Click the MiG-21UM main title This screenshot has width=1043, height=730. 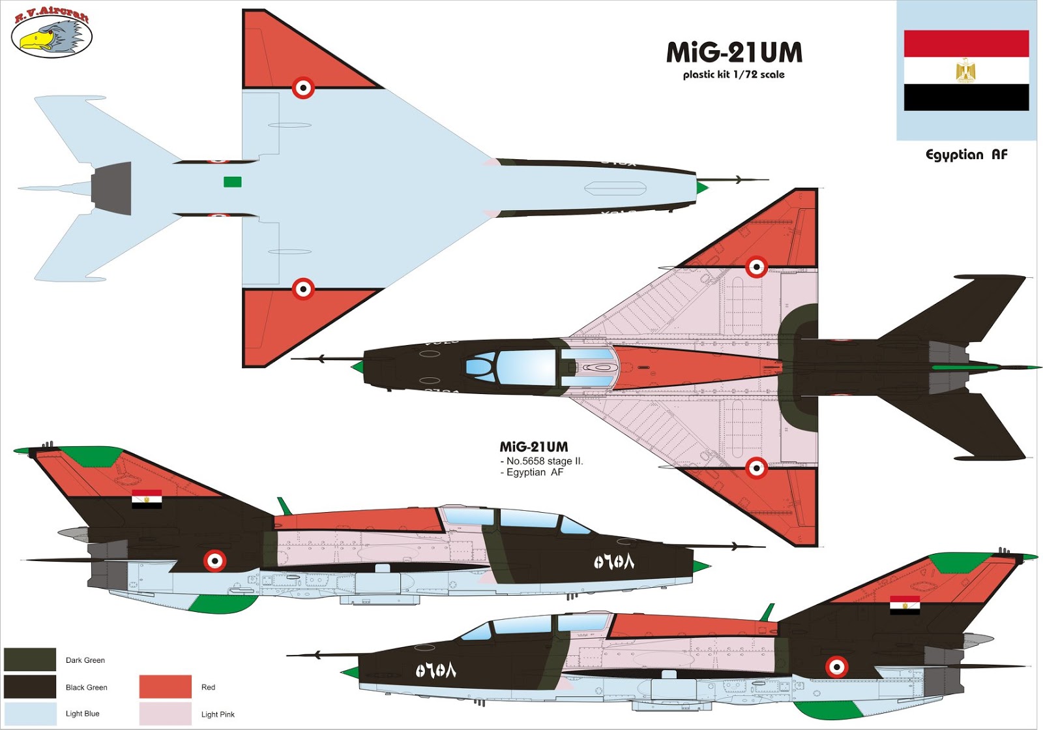pyautogui.click(x=734, y=53)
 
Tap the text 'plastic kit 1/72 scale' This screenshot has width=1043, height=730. pyautogui.click(x=733, y=74)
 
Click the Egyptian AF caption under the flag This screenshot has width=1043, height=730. pyautogui.click(x=966, y=155)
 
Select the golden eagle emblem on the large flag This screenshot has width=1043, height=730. pyautogui.click(x=965, y=70)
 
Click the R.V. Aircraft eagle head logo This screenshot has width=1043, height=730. pyautogui.click(x=51, y=37)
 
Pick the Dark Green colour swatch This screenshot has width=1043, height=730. pyautogui.click(x=30, y=660)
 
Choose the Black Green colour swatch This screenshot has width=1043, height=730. pyautogui.click(x=30, y=686)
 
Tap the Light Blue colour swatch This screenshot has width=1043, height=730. pyautogui.click(x=30, y=713)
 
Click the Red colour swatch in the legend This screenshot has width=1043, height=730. pyautogui.click(x=165, y=686)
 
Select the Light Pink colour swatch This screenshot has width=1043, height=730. pyautogui.click(x=165, y=714)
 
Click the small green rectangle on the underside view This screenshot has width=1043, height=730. pyautogui.click(x=233, y=181)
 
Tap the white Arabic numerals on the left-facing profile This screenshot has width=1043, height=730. pyautogui.click(x=435, y=670)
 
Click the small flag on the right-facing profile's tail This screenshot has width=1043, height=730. pyautogui.click(x=147, y=499)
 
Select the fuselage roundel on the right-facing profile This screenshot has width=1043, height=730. pyautogui.click(x=214, y=560)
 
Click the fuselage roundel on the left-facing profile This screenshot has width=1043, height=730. pyautogui.click(x=836, y=667)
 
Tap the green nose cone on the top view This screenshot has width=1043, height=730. pyautogui.click(x=357, y=367)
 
